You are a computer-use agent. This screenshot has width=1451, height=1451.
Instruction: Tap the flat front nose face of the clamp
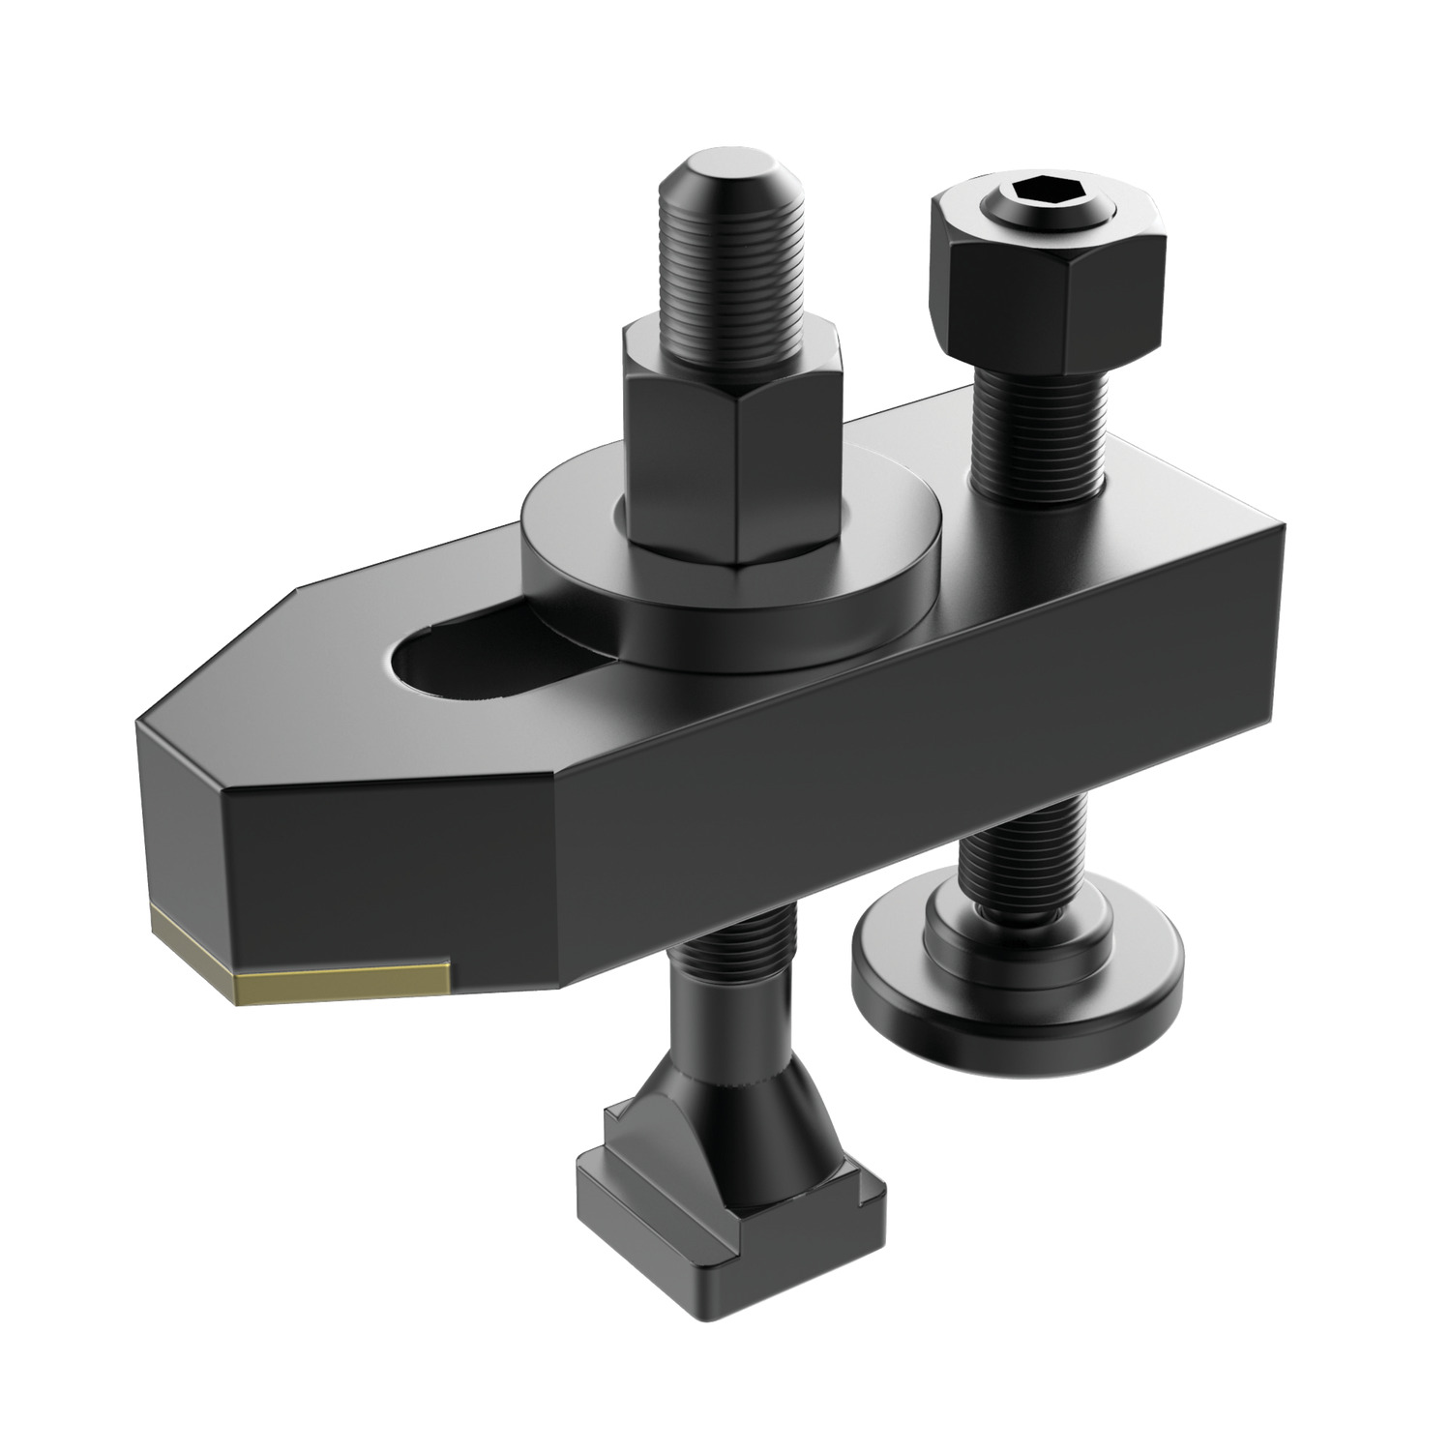click(x=387, y=871)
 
